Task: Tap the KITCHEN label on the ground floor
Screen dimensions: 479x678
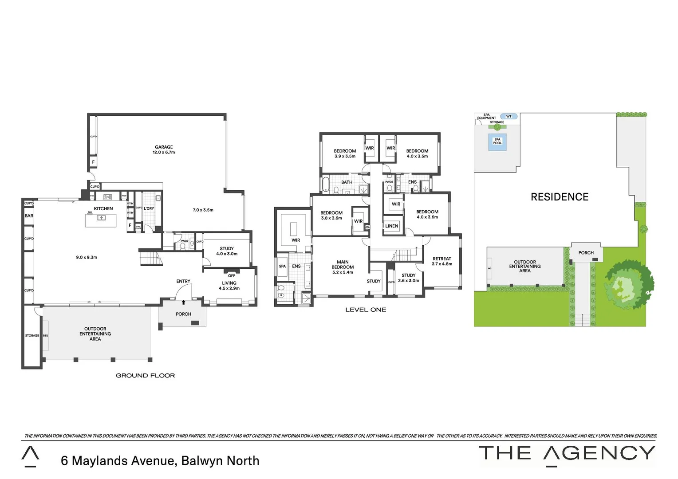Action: point(103,208)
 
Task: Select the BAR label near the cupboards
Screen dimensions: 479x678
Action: point(29,216)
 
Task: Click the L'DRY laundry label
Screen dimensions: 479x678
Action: point(149,208)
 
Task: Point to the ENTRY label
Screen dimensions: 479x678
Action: point(183,281)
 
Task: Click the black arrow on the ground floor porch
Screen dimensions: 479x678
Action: point(184,302)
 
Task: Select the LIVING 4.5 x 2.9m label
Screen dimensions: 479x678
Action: point(229,286)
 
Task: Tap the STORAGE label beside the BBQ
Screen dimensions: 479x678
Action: point(32,336)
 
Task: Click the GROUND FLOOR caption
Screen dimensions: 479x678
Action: point(145,376)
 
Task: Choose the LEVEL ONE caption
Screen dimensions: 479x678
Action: point(366,310)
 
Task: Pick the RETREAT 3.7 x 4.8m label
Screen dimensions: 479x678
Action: point(442,261)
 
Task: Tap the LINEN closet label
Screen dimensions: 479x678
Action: point(392,226)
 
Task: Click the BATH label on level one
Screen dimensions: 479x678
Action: point(347,182)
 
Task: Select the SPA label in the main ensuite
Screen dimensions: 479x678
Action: point(282,266)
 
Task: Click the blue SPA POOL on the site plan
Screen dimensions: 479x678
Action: point(497,142)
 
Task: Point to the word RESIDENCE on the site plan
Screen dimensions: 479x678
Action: point(560,197)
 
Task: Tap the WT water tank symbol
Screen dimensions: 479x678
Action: point(508,117)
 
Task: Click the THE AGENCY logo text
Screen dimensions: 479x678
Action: point(567,454)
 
